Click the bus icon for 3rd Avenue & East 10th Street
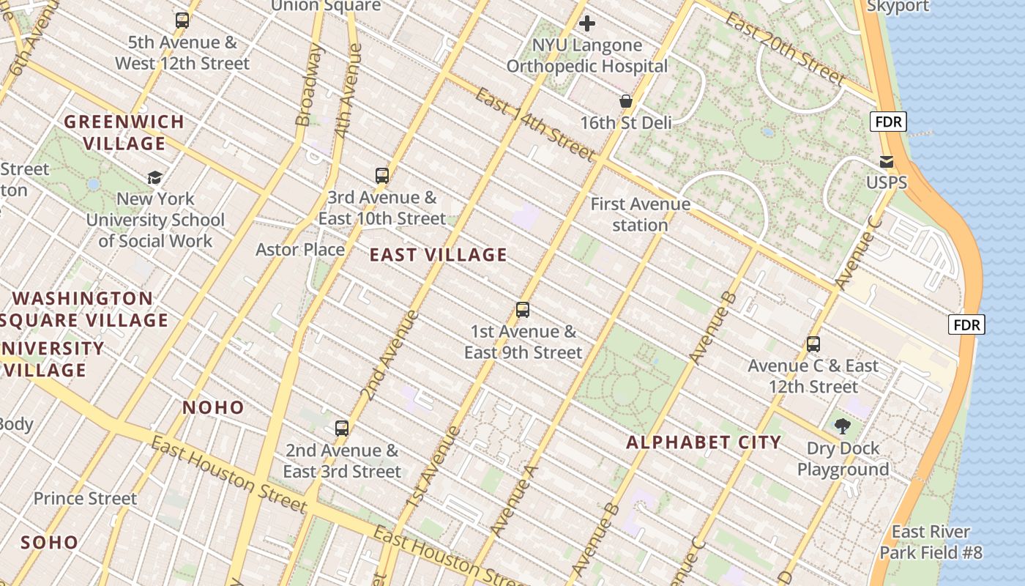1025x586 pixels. [382, 176]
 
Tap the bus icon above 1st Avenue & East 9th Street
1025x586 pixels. [523, 310]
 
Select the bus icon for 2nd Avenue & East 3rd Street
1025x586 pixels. [342, 429]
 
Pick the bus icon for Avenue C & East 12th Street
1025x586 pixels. [813, 344]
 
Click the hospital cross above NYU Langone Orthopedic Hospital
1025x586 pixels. [587, 24]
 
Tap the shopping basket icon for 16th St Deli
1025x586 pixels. [626, 101]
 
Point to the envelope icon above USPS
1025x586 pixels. [887, 162]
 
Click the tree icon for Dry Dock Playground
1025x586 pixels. [843, 426]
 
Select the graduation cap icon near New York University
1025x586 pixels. [154, 177]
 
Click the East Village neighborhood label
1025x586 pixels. [438, 255]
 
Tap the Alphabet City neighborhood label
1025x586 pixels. [704, 442]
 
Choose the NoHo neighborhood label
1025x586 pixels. [213, 407]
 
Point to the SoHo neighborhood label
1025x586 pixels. [49, 543]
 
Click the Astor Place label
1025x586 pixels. [300, 250]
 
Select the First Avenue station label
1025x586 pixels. [640, 215]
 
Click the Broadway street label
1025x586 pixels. [309, 84]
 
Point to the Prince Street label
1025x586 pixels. [85, 499]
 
